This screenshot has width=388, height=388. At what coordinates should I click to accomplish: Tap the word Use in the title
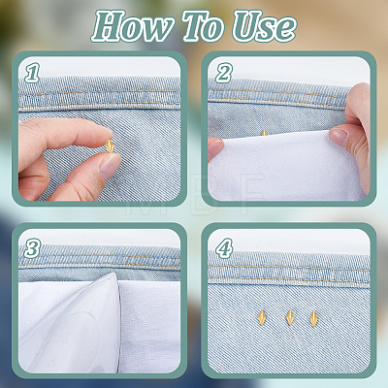coord(264,26)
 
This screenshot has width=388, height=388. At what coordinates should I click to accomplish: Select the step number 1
coord(32,73)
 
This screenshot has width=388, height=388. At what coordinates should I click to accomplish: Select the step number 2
coord(224,73)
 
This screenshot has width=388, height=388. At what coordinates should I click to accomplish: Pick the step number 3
coord(32,248)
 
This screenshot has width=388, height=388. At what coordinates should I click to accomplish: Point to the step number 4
coord(224,248)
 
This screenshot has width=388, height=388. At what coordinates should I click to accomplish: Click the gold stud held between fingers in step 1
coord(110,146)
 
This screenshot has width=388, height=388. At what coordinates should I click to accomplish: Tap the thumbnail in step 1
coord(110,165)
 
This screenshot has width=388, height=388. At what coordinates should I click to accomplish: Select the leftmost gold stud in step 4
coord(261,317)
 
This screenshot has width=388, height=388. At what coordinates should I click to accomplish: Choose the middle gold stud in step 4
coord(290,317)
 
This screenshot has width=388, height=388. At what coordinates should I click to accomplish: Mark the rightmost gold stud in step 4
coord(313,317)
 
